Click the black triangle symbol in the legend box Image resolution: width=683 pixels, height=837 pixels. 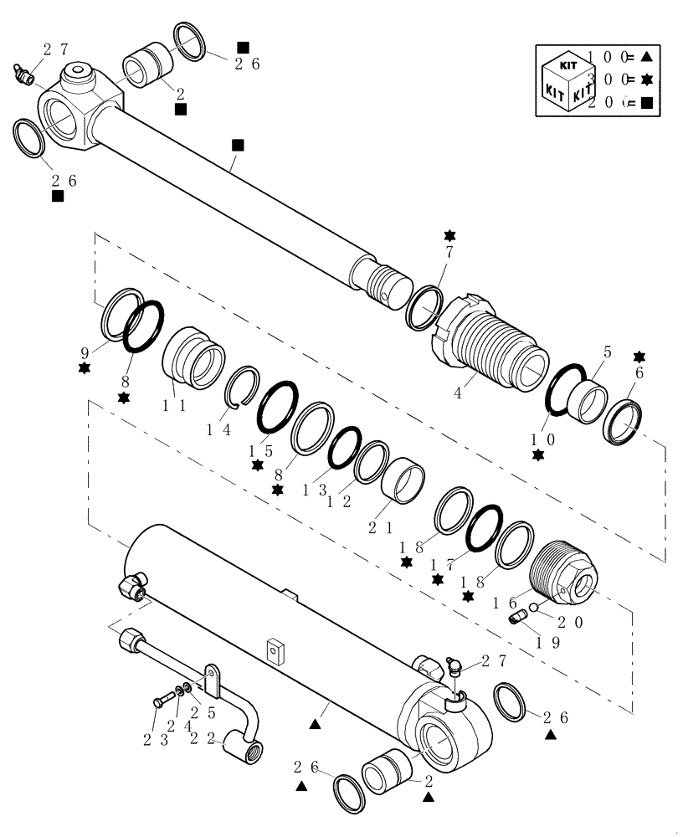coord(647,57)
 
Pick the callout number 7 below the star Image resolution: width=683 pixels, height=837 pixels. coord(449,253)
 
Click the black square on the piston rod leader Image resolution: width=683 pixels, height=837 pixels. coord(238,145)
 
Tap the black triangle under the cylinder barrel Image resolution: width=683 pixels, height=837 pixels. coord(316,721)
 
